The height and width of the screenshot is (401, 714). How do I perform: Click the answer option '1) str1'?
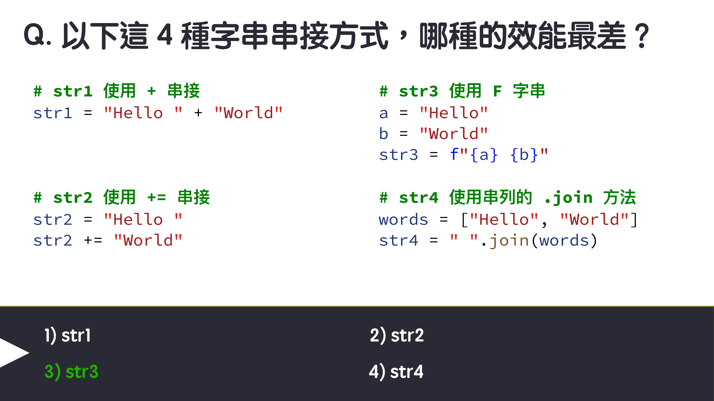click(x=68, y=335)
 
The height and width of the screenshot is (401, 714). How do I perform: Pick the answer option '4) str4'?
click(x=396, y=371)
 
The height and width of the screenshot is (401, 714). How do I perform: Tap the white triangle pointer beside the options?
click(x=12, y=353)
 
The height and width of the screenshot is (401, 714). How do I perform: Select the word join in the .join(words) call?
click(x=509, y=240)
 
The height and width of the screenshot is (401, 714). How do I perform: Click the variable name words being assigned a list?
click(x=403, y=220)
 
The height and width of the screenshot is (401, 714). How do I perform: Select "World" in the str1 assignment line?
click(x=249, y=113)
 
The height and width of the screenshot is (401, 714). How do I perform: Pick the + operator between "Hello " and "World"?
click(x=198, y=113)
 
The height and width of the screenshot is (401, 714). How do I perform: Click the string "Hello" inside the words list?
click(x=504, y=220)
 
